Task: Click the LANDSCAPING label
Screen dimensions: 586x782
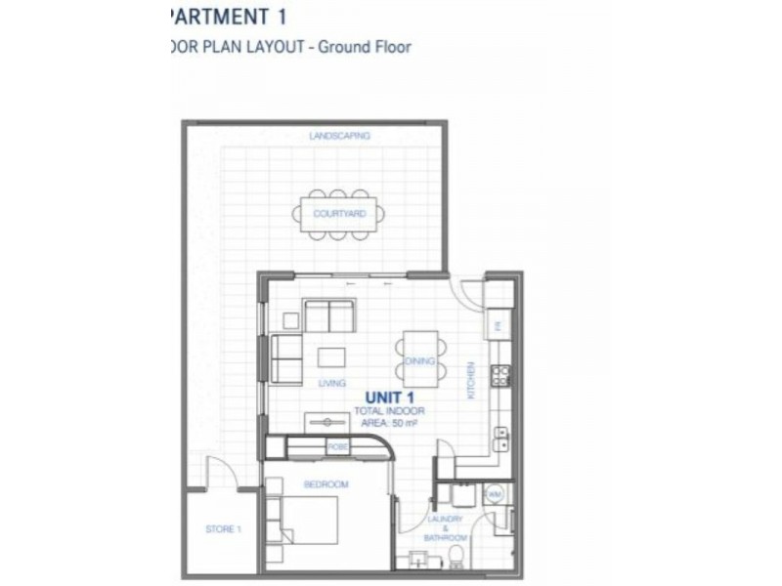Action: coord(339,137)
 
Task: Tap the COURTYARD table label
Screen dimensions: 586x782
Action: coord(339,213)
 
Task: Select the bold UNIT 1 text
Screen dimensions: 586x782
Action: coord(391,398)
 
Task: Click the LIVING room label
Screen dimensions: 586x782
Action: coord(331,384)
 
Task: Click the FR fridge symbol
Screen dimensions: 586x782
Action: coord(498,326)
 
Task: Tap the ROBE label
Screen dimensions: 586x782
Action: coord(337,446)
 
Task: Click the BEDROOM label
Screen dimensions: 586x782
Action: coord(326,484)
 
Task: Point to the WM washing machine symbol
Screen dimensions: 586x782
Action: coord(494,496)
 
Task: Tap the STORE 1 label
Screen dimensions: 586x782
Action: coord(222,530)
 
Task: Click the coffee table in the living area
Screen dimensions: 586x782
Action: coord(330,357)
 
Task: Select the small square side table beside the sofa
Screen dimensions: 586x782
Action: coord(289,318)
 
